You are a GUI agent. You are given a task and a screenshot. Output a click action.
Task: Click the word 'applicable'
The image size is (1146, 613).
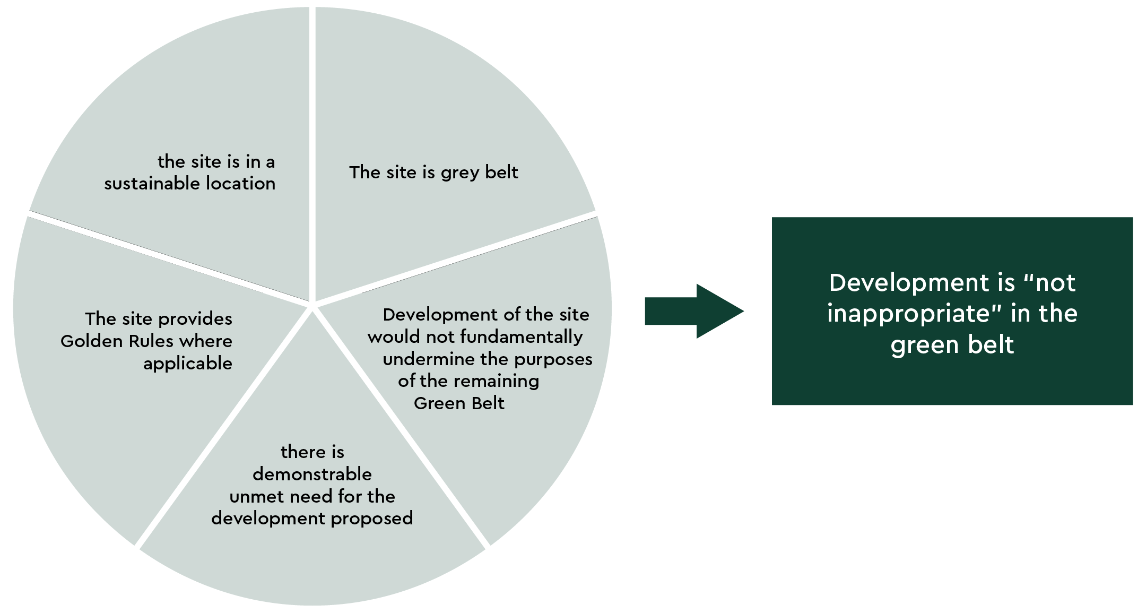tap(188, 364)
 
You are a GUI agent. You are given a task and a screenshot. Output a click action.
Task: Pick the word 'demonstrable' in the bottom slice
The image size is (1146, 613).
tap(312, 474)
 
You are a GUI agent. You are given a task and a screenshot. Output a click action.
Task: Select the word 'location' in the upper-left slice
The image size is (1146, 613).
tap(240, 184)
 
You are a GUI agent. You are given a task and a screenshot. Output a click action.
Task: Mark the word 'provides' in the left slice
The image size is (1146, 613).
tap(195, 319)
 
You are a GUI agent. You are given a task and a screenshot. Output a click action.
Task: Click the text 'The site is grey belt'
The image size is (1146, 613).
tap(433, 172)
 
